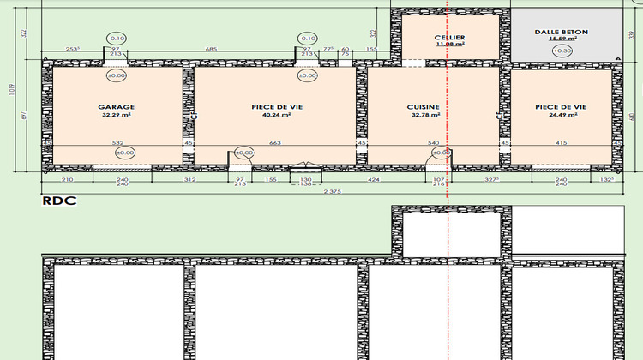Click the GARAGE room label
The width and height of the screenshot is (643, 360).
tap(116, 107)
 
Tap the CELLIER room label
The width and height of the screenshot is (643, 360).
tap(450, 38)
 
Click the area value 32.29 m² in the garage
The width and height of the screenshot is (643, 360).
tap(116, 115)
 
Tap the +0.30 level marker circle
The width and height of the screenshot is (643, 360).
tap(562, 51)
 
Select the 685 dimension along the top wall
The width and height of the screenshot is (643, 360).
tap(211, 50)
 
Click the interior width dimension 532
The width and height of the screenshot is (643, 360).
tap(117, 143)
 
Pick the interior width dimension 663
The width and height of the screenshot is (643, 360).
tap(274, 143)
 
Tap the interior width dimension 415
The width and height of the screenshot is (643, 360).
tap(561, 143)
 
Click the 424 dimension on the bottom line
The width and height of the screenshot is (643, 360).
tap(374, 180)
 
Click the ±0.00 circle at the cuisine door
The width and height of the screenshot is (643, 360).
tap(441, 153)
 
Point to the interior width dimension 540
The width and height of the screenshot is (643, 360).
tap(434, 143)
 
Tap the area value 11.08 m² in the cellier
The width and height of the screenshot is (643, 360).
tap(450, 45)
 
